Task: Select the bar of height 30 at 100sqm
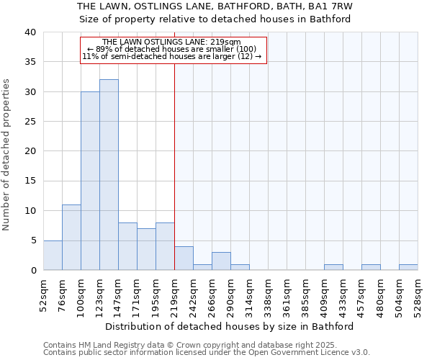click(x=90, y=181)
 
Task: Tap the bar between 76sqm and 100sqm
click(x=71, y=238)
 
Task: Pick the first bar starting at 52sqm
click(x=53, y=255)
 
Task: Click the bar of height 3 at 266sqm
click(x=221, y=261)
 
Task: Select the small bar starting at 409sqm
click(x=333, y=267)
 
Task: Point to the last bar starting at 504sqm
click(x=408, y=267)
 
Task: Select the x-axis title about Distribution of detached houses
click(x=230, y=326)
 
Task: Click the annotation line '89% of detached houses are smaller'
click(x=174, y=49)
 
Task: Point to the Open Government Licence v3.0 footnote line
click(x=207, y=352)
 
